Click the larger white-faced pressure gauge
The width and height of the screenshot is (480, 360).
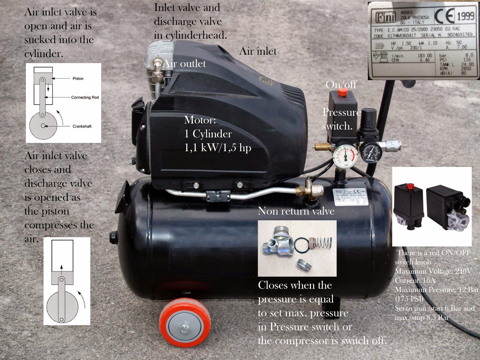345,156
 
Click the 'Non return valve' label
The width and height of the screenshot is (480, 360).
296,211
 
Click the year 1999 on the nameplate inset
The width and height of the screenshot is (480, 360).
466,16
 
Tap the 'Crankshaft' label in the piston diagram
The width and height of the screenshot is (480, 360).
82,126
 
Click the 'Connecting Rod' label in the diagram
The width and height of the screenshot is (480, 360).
85,97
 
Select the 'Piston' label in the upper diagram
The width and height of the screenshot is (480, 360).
78,79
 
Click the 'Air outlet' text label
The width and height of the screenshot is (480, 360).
184,64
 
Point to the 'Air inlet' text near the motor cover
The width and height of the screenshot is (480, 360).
258,51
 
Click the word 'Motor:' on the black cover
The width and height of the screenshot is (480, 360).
200,120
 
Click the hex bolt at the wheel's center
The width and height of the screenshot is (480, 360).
184,329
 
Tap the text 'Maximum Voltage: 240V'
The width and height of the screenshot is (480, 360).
433,271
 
